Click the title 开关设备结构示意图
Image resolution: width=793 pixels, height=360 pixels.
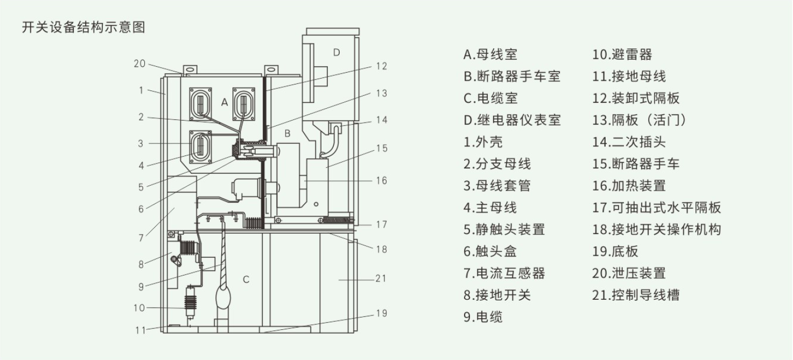point(83,27)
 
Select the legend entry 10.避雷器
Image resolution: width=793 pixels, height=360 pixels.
point(622,54)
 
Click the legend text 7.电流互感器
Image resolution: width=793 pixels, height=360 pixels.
point(504,273)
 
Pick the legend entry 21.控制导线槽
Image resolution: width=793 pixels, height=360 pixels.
point(636,295)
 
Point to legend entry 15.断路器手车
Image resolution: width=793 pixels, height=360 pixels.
point(636,164)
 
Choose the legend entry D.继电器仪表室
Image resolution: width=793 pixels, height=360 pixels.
point(512,120)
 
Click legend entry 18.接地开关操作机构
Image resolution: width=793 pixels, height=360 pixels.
point(656,229)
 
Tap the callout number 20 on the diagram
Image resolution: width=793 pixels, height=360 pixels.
point(139,63)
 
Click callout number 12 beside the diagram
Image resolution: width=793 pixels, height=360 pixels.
point(381,66)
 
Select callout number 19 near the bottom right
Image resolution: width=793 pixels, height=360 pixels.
point(381,313)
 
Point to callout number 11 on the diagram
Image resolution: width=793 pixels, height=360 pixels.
point(140,330)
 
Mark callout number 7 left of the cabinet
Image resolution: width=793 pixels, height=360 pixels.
point(141,237)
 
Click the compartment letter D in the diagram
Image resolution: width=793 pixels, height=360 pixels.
point(336,52)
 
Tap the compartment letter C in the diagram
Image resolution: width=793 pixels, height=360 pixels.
point(246,279)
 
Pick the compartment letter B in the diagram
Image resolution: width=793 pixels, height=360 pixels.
point(287,132)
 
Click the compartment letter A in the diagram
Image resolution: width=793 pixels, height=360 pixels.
point(225,101)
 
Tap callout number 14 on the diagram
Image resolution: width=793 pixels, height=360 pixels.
point(381,120)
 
